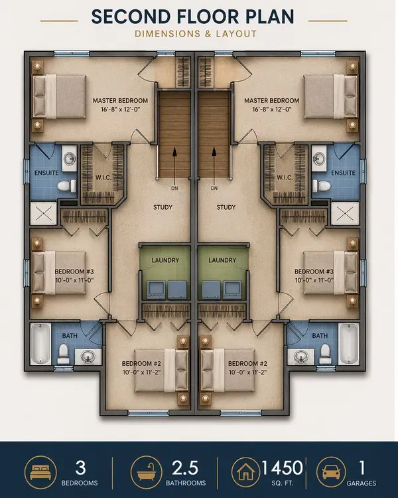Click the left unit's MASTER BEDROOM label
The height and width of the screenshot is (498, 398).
120,101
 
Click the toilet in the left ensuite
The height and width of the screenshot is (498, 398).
65,187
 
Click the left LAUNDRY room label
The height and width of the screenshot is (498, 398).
165,260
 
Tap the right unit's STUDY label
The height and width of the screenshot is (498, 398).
226,208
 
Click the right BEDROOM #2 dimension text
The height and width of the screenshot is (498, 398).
247,373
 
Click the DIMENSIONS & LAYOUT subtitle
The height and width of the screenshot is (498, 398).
198,33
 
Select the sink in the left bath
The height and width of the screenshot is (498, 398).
87,357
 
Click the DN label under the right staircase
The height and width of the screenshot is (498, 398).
214,188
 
